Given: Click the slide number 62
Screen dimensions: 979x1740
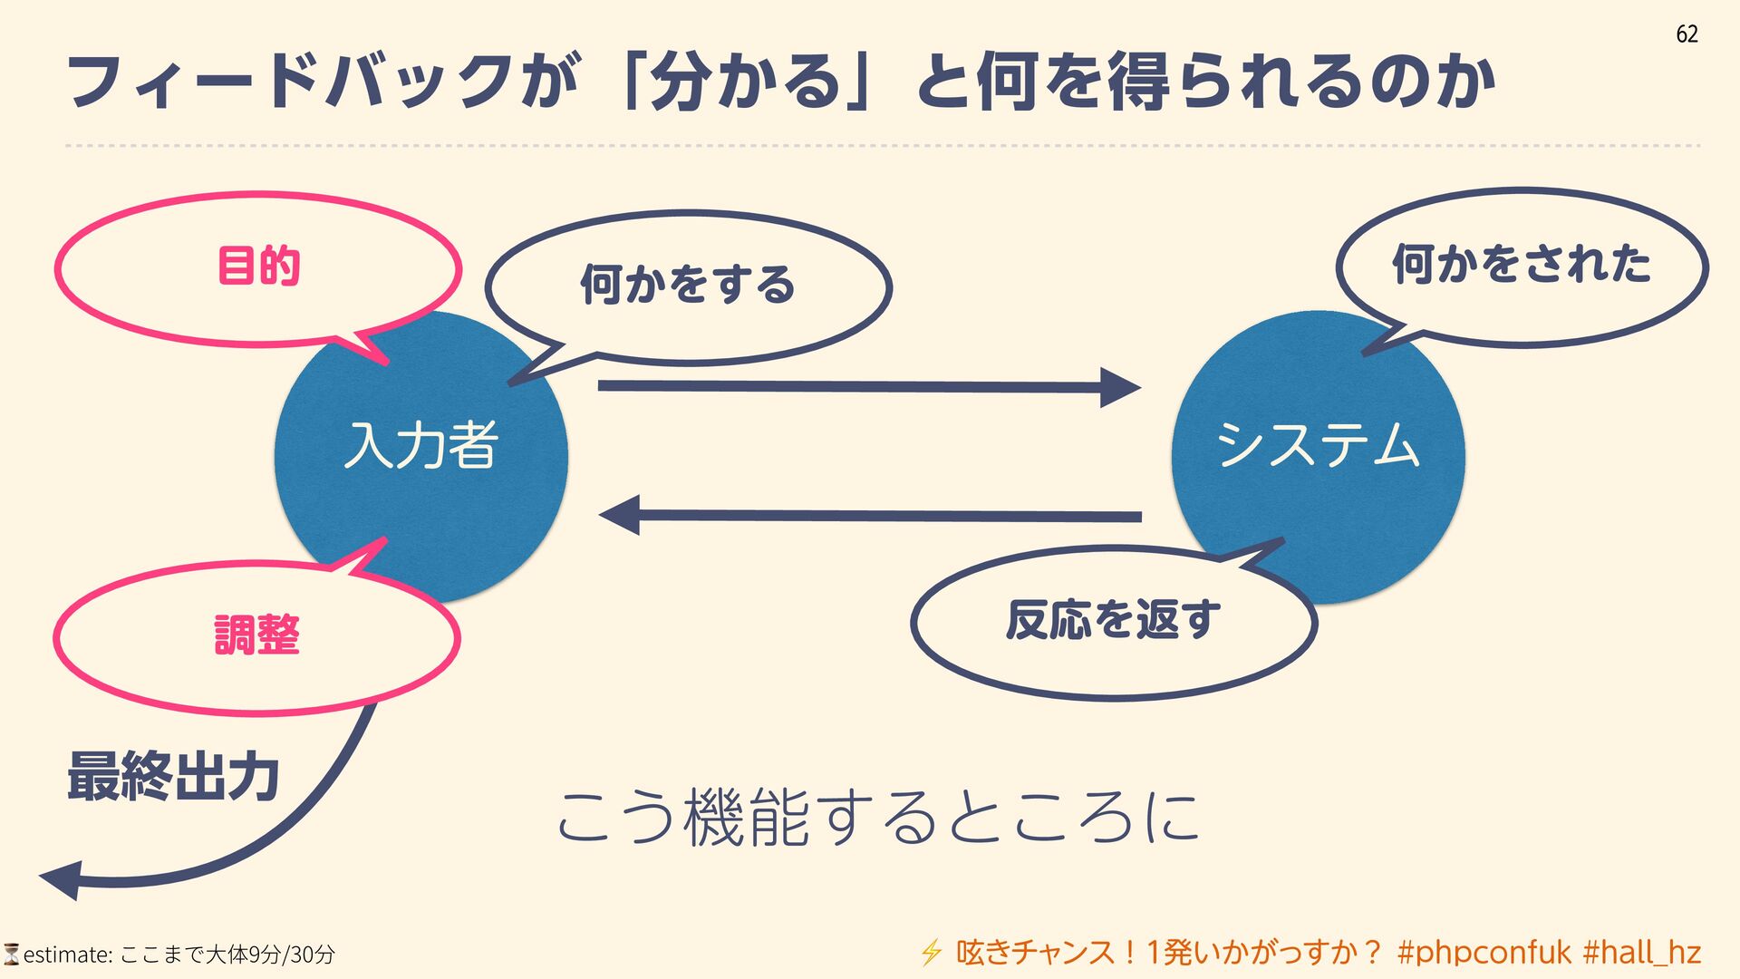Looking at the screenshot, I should (x=1687, y=34).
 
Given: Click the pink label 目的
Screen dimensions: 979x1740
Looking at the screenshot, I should (x=258, y=267).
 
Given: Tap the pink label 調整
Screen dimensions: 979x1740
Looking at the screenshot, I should (x=256, y=635).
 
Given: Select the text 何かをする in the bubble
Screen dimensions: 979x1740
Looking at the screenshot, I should (x=688, y=285).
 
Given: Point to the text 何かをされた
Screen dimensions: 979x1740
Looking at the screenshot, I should (x=1522, y=265).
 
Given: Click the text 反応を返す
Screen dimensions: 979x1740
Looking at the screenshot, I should (x=1113, y=621).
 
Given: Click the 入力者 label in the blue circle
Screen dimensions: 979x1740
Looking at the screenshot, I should (x=421, y=445).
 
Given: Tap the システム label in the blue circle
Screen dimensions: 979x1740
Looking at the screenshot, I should (x=1318, y=445).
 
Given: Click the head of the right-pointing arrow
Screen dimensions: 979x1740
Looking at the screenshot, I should (x=1121, y=387).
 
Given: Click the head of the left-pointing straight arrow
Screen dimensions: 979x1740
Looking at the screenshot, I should (x=620, y=515).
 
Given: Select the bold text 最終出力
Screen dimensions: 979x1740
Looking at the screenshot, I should (x=173, y=777).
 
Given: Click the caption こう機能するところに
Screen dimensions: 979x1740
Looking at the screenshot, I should (x=877, y=817).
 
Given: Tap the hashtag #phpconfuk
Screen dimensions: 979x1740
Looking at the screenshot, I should (x=1484, y=953).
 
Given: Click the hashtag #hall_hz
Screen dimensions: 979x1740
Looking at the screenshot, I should (x=1641, y=953).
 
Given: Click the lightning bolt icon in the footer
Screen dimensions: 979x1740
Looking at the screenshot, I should (x=931, y=953).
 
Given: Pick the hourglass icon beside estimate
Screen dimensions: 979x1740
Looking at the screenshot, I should (x=11, y=954).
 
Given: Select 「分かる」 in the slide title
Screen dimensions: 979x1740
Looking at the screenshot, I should (x=744, y=82).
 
